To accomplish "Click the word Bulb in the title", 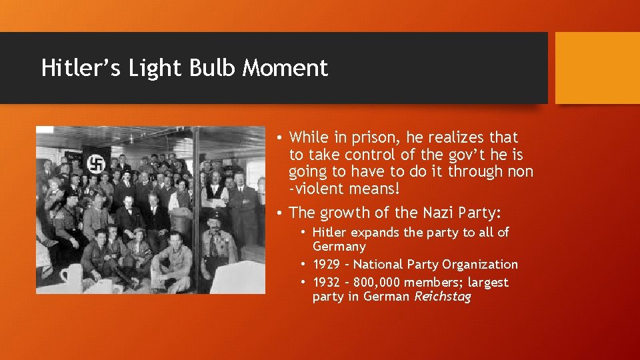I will click(x=207, y=68).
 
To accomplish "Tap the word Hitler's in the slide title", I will click(x=77, y=68).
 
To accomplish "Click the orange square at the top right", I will click(x=597, y=68).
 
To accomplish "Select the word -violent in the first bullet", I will click(x=316, y=189).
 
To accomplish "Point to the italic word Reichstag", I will click(x=443, y=297).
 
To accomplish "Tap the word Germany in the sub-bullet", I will click(x=340, y=246).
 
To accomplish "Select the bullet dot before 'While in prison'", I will click(x=283, y=138).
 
